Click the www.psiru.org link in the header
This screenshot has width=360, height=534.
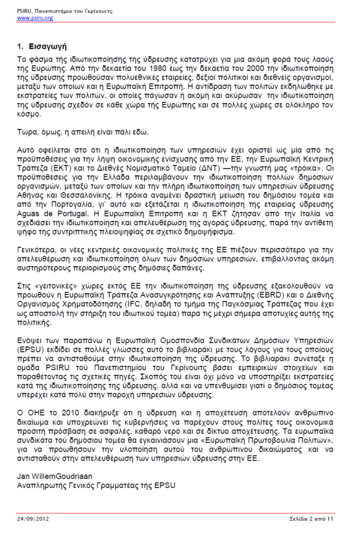pos(35,18)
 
